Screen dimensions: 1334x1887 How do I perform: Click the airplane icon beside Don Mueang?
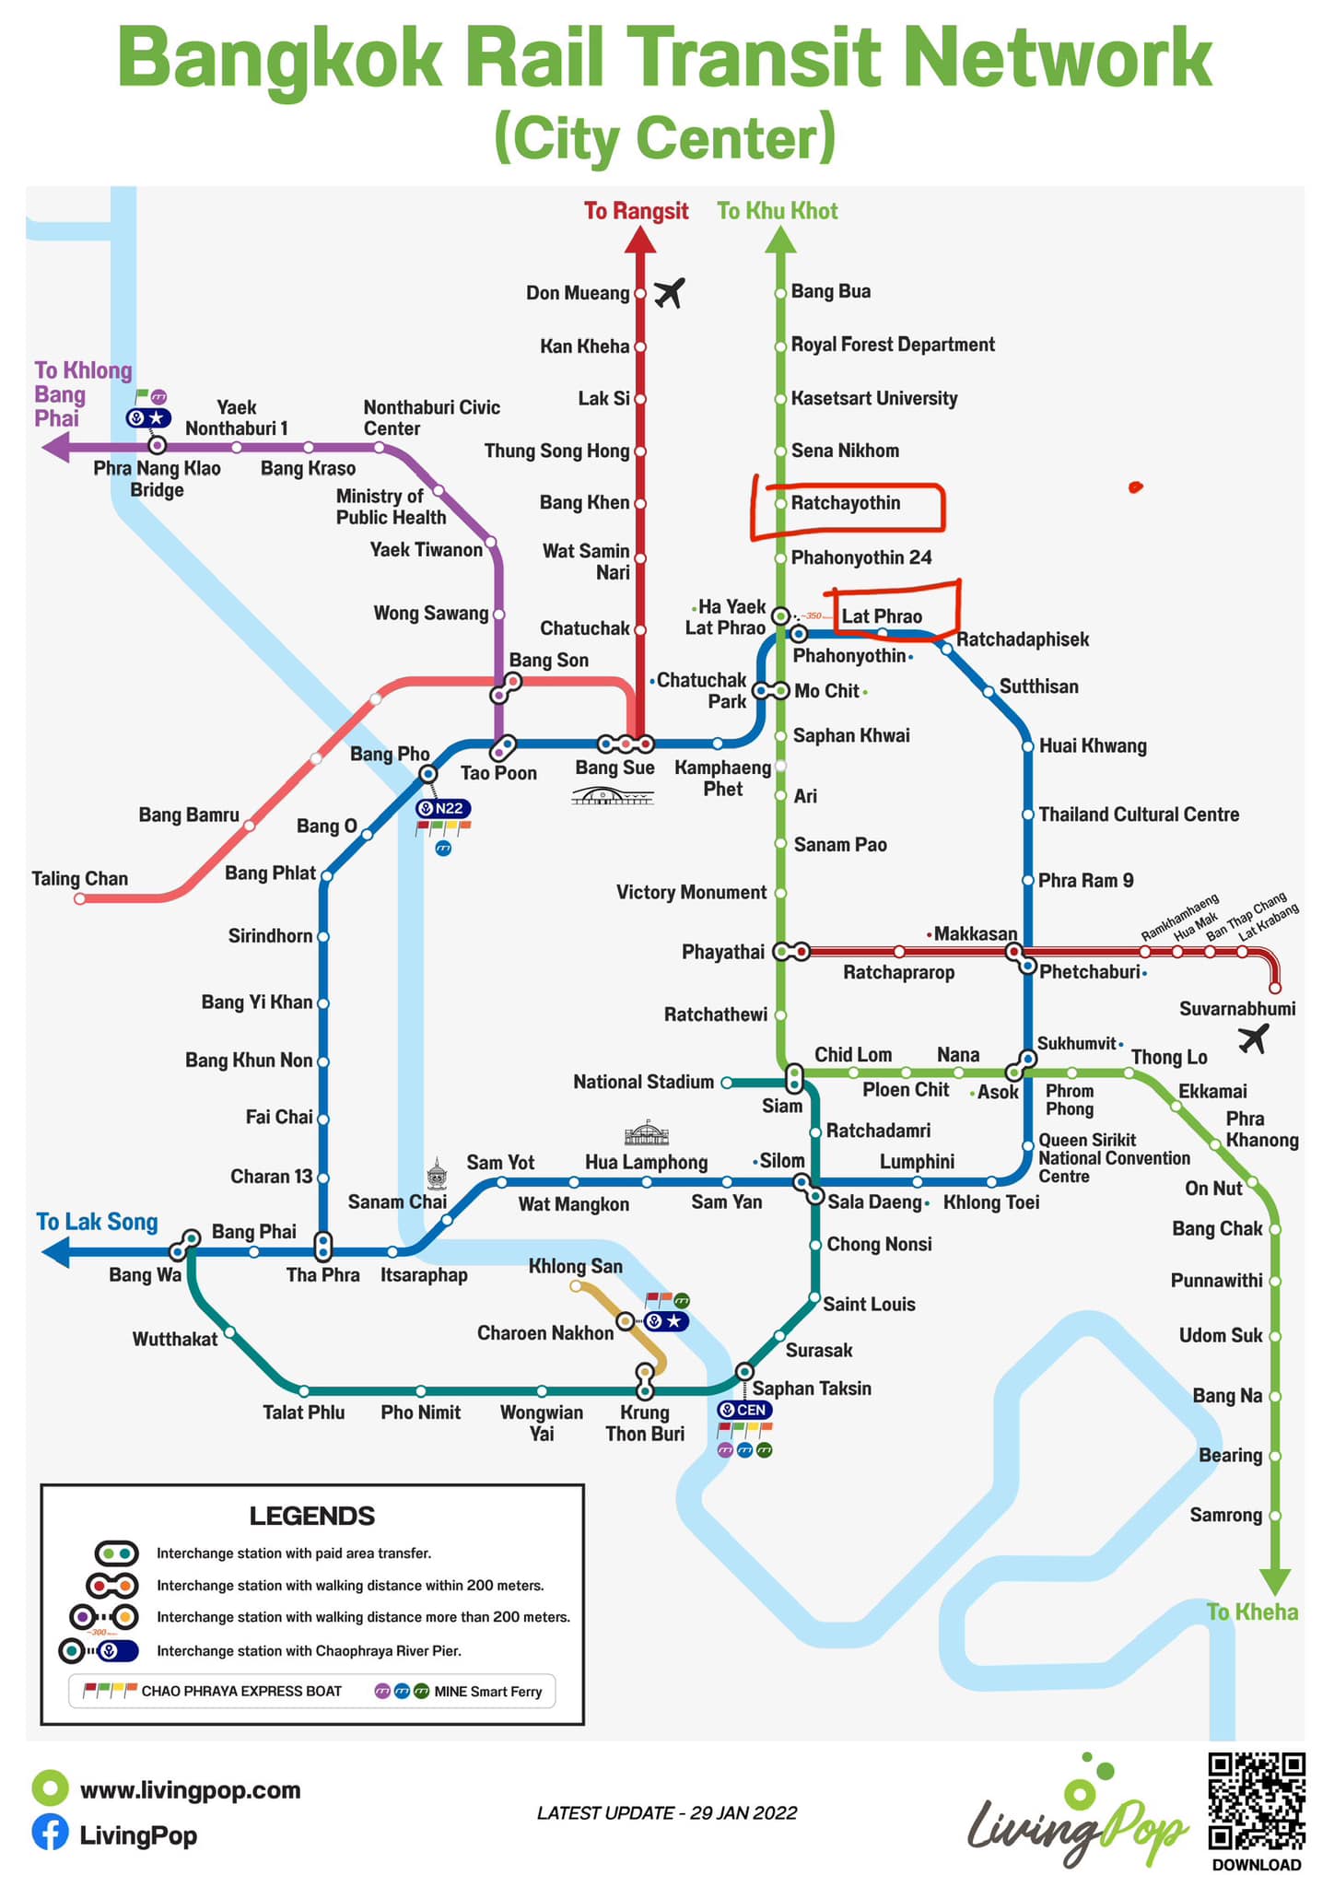(670, 293)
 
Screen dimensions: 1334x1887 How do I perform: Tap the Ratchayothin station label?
(846, 503)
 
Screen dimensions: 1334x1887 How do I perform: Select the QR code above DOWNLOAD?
(1257, 1801)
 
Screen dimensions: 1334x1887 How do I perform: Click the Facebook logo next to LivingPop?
(50, 1834)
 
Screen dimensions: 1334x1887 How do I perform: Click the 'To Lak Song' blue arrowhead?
(56, 1252)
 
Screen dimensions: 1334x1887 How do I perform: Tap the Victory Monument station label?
(691, 892)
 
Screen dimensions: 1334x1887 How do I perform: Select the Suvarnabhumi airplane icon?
(1253, 1038)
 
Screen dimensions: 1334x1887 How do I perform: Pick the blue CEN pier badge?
(744, 1410)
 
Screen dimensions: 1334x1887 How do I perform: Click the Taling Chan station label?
(80, 878)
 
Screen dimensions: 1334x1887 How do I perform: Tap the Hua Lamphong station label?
(646, 1162)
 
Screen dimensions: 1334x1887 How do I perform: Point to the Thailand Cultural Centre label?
(1139, 815)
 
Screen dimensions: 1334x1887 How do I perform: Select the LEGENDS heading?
(312, 1516)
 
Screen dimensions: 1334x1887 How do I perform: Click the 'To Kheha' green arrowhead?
(1276, 1581)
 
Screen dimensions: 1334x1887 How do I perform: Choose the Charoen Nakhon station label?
(545, 1332)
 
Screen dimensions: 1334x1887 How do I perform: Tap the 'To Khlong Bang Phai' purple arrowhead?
(56, 448)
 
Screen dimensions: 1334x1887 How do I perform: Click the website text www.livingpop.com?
(191, 1789)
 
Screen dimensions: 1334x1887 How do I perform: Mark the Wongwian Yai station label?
(542, 1423)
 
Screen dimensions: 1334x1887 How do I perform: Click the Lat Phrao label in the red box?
(882, 615)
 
